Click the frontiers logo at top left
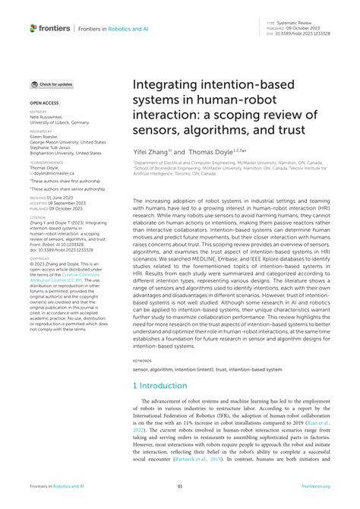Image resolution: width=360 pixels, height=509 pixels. pos(51,28)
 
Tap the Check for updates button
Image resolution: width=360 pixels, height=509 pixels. pos(52,84)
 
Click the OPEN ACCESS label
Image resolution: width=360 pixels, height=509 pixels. pos(43,100)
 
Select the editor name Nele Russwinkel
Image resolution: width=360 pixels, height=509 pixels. pos(49,116)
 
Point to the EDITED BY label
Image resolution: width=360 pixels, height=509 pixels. pos(39,111)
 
